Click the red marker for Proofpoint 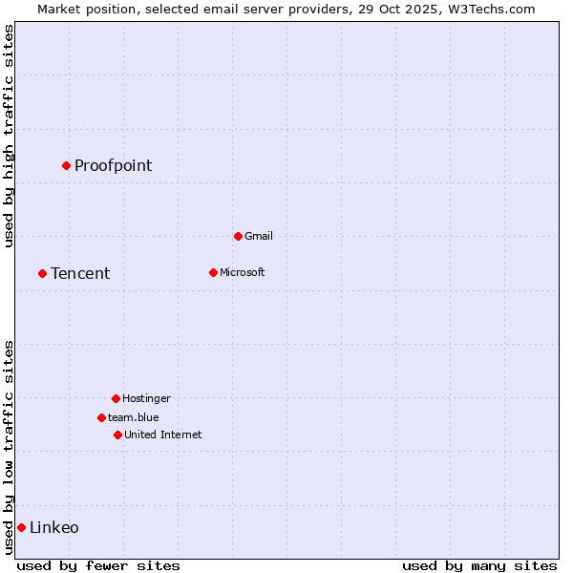click(66, 165)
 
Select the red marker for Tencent click(42, 273)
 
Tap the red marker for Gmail click(238, 236)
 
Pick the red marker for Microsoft click(213, 272)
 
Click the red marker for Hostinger click(116, 398)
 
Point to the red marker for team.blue click(101, 417)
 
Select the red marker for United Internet click(117, 435)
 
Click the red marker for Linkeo click(21, 527)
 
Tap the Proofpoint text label click(113, 165)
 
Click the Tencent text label click(80, 273)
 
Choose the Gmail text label click(259, 236)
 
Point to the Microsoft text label click(243, 272)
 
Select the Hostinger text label click(146, 398)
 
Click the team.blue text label click(134, 417)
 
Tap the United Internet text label click(163, 435)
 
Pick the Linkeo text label click(54, 527)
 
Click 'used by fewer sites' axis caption click(98, 565)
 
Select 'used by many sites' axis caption click(479, 565)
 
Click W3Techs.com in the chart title click(487, 9)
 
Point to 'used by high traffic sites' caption click(9, 137)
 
